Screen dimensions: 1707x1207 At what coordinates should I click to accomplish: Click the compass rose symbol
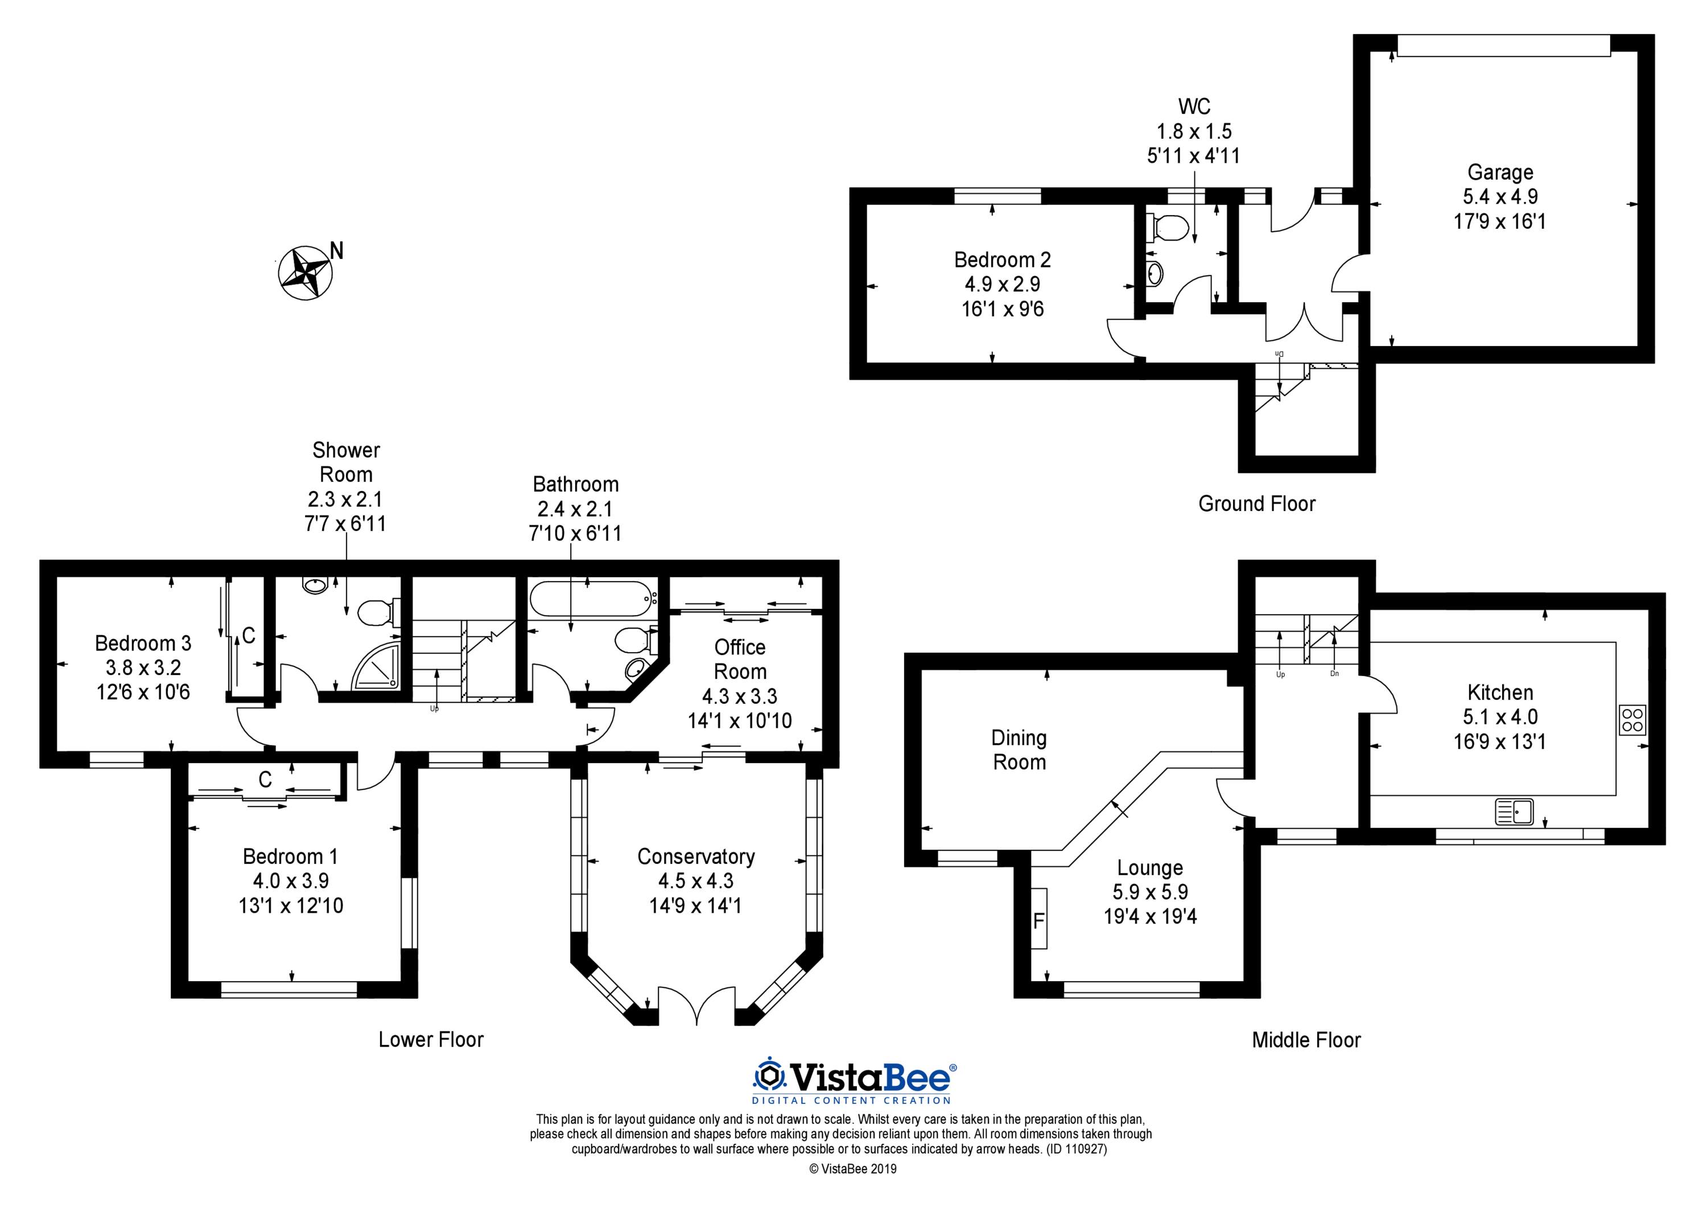click(305, 273)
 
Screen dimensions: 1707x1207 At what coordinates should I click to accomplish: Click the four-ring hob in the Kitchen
click(1632, 719)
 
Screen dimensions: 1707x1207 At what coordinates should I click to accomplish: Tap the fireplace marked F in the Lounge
click(1038, 918)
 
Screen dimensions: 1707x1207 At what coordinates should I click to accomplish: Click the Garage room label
click(1499, 172)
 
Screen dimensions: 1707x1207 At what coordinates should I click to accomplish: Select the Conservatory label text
click(696, 856)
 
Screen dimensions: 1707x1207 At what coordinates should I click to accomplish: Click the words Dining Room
click(1019, 749)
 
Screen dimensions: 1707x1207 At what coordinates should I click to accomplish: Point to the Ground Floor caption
click(1256, 504)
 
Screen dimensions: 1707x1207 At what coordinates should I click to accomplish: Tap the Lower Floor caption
click(431, 1040)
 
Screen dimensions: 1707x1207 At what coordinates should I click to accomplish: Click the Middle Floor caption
click(1306, 1040)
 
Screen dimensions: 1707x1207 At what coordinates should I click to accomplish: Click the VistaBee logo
click(853, 1082)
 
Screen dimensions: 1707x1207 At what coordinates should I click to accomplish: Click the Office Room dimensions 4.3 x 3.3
click(740, 696)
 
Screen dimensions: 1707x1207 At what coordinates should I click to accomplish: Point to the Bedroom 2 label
click(1002, 259)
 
